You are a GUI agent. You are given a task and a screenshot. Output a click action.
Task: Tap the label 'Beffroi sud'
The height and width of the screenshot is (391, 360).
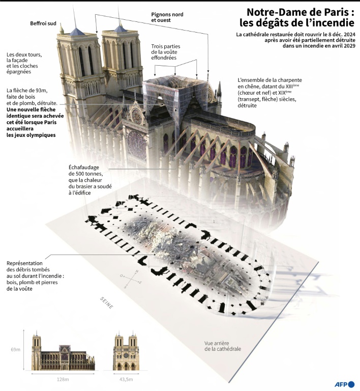pos(43,23)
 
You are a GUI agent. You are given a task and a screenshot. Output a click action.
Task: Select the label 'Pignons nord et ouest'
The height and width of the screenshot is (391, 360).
pos(167,18)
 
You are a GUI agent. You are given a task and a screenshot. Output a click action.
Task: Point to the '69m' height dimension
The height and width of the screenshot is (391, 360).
pos(16,350)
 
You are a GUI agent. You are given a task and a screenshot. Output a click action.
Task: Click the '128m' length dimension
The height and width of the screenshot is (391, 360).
pos(63,379)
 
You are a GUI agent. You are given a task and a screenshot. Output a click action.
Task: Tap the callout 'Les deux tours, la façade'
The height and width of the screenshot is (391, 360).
pos(24,61)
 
